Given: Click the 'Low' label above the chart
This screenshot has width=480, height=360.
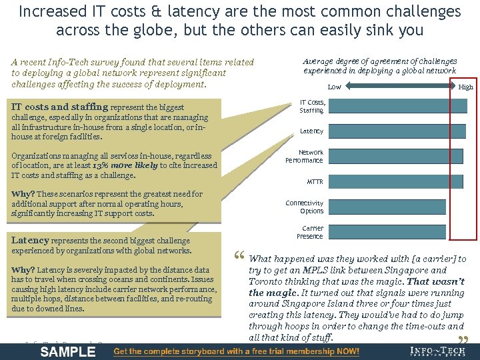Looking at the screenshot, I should (x=334, y=87).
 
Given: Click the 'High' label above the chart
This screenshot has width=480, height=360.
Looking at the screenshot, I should (x=466, y=87).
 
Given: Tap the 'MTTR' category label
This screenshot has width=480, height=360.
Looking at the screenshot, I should (x=315, y=182).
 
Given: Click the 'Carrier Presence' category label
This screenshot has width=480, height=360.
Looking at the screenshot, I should (x=310, y=232).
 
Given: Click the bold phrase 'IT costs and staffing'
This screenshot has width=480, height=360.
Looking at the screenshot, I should (x=59, y=107).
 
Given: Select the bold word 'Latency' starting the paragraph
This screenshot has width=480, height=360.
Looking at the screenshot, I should (x=30, y=240).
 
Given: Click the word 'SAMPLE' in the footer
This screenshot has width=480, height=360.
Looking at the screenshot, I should (x=68, y=351).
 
